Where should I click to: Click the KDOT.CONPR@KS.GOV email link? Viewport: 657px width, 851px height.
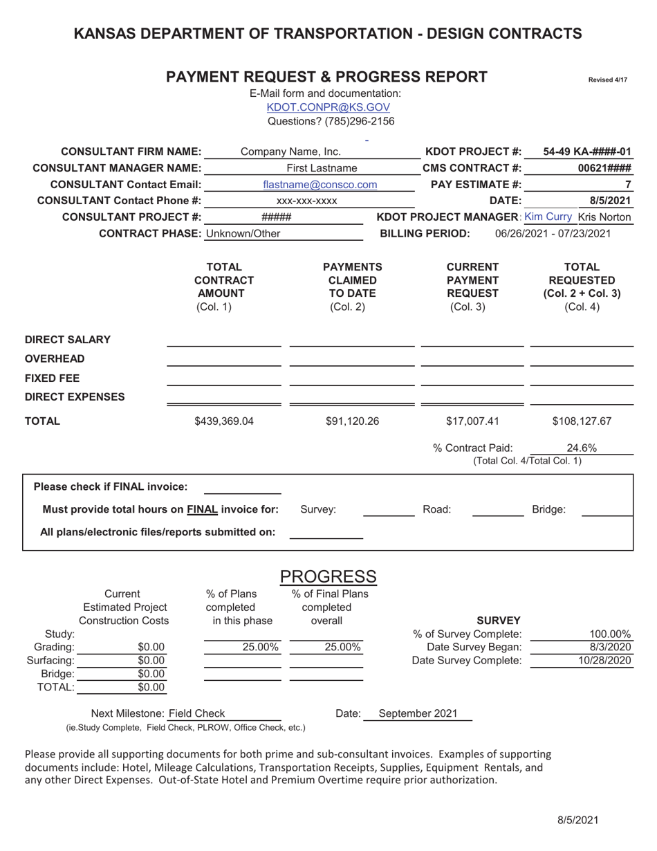tap(328, 107)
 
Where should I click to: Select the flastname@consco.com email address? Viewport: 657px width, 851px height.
tap(320, 185)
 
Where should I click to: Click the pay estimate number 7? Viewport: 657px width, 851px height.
tap(627, 185)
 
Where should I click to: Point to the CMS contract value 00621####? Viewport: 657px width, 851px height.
tap(604, 168)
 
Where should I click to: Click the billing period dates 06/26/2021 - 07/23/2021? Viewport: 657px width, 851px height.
tap(553, 233)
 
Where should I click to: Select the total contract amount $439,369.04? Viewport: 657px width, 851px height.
tap(223, 420)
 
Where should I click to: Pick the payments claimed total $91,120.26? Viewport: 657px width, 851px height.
tap(352, 420)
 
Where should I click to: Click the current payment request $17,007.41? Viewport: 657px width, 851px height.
tap(472, 420)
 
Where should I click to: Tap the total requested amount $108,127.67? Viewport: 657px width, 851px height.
tap(582, 420)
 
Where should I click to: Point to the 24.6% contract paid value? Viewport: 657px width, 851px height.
tap(582, 447)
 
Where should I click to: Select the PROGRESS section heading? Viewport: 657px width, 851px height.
tap(328, 576)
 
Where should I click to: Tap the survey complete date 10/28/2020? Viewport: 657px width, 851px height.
tap(605, 661)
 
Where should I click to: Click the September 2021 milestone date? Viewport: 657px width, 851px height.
tap(418, 714)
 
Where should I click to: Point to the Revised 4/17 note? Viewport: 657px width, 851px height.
tap(607, 80)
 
